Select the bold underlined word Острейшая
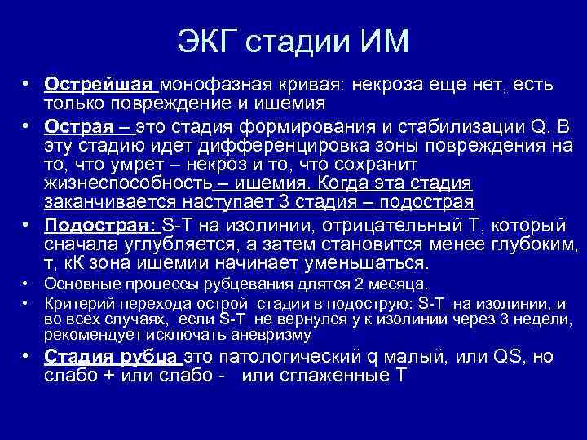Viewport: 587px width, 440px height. (x=99, y=85)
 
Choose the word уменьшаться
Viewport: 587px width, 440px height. (x=369, y=263)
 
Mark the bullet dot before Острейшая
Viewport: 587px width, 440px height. (x=27, y=85)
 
